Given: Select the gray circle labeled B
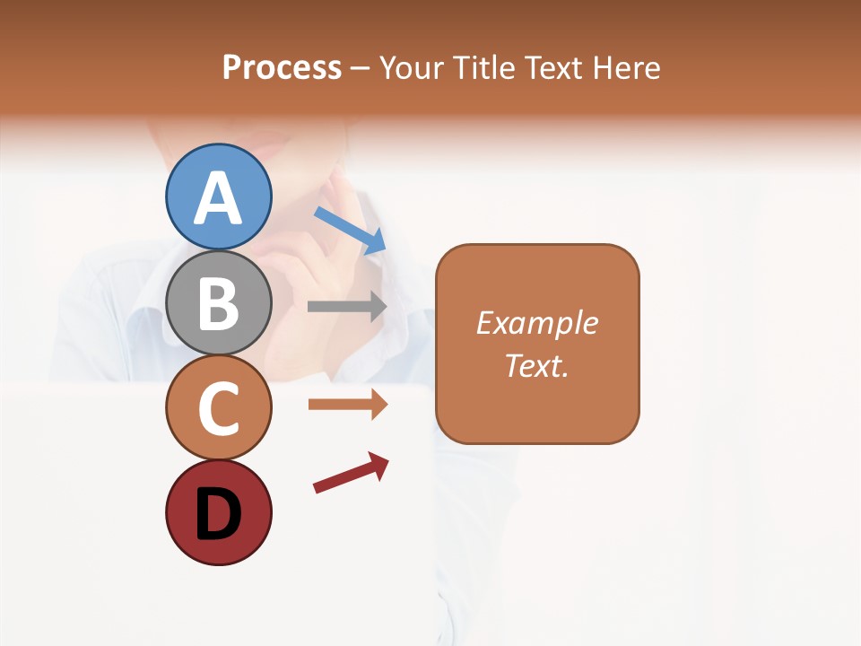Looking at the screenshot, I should (x=218, y=302).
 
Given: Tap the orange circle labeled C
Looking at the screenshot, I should (x=218, y=407).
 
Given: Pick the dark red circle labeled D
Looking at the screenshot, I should (x=218, y=512).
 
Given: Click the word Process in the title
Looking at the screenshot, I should (x=282, y=67).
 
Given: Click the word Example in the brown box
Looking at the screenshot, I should (x=537, y=323).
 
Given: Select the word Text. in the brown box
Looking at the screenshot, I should (x=537, y=365).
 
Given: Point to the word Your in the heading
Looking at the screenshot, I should (x=412, y=67).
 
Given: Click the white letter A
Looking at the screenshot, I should (x=218, y=197).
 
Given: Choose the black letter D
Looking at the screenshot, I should (x=218, y=514).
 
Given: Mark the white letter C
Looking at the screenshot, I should (x=218, y=409).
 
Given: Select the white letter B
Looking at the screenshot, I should (x=218, y=304).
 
